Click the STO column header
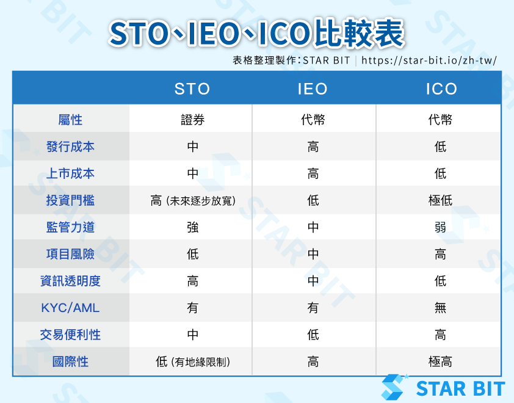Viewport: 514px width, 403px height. [x=192, y=89]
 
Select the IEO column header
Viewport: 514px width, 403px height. [x=313, y=89]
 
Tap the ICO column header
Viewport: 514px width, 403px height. [x=441, y=89]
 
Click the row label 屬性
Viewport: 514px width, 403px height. [x=70, y=120]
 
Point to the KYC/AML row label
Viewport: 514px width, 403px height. [x=70, y=308]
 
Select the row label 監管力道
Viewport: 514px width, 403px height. [x=70, y=227]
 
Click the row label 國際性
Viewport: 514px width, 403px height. [x=70, y=361]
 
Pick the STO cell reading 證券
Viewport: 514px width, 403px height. [x=192, y=120]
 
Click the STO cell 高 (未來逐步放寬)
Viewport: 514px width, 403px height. [x=193, y=200]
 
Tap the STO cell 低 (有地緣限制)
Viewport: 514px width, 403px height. [x=193, y=361]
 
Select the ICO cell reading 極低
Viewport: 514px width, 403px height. [x=440, y=200]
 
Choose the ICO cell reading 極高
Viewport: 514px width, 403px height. [x=440, y=361]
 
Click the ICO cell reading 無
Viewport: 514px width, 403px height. [x=440, y=308]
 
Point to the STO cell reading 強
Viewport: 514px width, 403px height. [x=193, y=227]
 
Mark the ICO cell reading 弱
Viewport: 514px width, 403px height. [x=440, y=227]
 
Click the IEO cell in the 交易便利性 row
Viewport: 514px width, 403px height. [x=313, y=335]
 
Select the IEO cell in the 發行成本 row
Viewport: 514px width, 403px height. [x=313, y=147]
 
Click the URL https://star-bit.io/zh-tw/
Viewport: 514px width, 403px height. [x=429, y=60]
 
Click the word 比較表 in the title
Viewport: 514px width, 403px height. [x=358, y=34]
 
